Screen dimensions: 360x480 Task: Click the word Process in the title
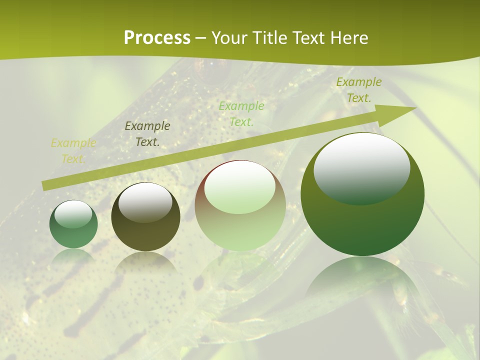coord(157,38)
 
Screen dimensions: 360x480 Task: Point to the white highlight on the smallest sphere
coord(73,214)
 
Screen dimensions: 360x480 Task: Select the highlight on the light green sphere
coord(240,186)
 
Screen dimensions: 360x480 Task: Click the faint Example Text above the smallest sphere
coord(73,151)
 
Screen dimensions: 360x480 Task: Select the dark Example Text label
coord(147,134)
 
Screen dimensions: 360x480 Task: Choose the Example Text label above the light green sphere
coord(241,113)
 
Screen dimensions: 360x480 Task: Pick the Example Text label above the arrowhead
coord(358,90)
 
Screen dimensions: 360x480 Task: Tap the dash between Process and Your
coord(200,38)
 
